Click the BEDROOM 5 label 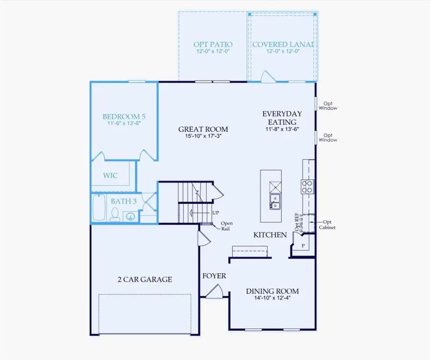click(x=124, y=116)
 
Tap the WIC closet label click(x=111, y=175)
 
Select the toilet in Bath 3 click(x=115, y=216)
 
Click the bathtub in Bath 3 click(x=99, y=207)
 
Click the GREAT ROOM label click(x=203, y=129)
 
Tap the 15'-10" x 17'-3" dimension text click(x=203, y=136)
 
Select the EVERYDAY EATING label click(x=282, y=118)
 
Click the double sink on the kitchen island click(x=276, y=201)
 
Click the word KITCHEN click(x=270, y=235)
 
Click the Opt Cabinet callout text click(x=327, y=225)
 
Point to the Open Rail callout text click(x=226, y=226)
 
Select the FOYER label click(x=214, y=276)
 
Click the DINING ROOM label click(x=272, y=291)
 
